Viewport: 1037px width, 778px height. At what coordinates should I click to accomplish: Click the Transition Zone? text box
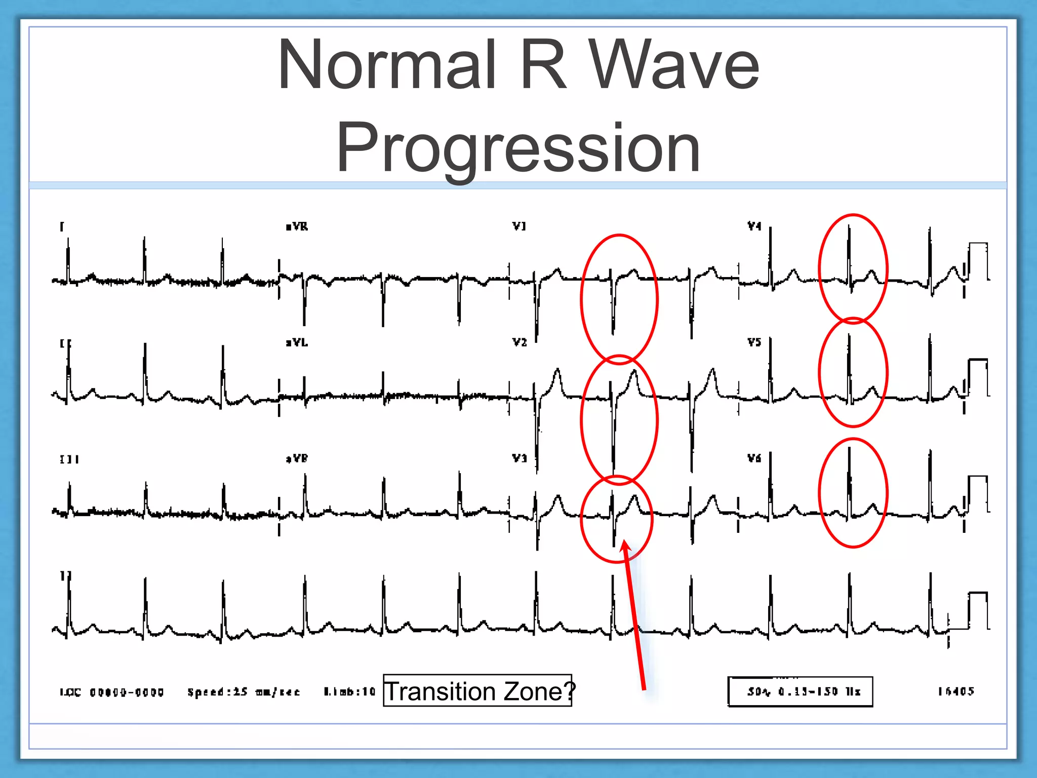click(x=477, y=691)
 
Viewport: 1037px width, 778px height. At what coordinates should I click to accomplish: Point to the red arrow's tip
click(x=624, y=541)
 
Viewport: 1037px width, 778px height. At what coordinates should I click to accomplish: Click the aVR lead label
click(x=297, y=226)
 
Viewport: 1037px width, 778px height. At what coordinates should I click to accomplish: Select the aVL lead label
click(x=297, y=343)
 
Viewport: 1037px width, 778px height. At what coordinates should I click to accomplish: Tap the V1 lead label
click(x=519, y=226)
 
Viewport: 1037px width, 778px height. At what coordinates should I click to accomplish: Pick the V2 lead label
click(x=520, y=342)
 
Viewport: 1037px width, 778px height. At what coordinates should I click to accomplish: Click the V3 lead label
click(x=520, y=458)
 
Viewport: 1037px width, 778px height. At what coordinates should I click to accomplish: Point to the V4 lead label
click(x=754, y=226)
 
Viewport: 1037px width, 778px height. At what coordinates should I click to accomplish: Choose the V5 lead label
click(x=754, y=342)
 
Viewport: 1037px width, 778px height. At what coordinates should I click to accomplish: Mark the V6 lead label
click(x=754, y=458)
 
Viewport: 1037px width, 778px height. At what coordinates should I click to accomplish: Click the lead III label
click(x=69, y=459)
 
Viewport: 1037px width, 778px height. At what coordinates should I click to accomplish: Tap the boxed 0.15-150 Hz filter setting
click(x=800, y=691)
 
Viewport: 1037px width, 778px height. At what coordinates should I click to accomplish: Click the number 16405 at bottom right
click(x=956, y=691)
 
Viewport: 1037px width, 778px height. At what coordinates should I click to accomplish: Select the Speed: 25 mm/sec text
click(x=244, y=692)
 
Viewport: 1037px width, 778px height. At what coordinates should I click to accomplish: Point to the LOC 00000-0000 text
click(x=112, y=692)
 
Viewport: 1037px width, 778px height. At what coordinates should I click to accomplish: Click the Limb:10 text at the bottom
click(x=350, y=691)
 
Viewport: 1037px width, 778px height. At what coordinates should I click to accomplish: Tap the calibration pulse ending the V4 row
click(x=978, y=261)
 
